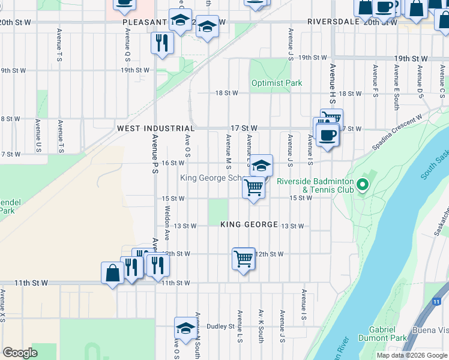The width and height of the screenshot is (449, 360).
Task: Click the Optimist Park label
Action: coord(277,83)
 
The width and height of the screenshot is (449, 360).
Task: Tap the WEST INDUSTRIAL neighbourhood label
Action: coord(155,128)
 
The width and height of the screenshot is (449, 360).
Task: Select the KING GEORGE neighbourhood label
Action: coord(249,224)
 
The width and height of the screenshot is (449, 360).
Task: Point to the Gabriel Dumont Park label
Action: coord(383,334)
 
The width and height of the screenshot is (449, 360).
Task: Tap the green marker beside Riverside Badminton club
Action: coord(363,185)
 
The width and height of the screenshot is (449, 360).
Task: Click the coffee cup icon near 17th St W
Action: coord(327,134)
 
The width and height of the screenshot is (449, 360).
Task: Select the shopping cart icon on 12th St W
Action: coord(243,259)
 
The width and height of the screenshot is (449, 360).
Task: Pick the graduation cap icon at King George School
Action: coord(261,165)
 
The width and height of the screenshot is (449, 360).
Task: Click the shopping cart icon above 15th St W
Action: coord(253,188)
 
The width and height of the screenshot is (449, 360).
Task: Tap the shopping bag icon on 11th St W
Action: coord(113,273)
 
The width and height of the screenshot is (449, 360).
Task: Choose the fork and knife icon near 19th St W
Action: coord(161,42)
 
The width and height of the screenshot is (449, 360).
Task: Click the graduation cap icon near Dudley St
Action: coord(185,328)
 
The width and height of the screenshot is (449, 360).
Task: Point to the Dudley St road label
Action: coord(220,326)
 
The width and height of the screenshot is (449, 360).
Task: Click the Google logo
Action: coord(20,353)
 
